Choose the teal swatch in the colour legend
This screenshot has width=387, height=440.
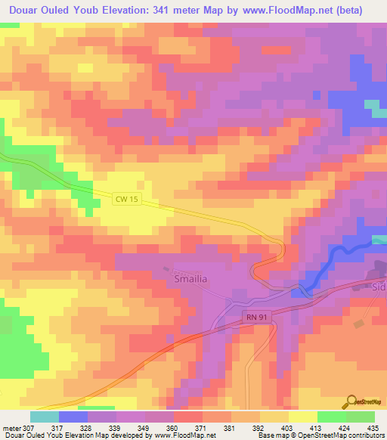44,417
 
